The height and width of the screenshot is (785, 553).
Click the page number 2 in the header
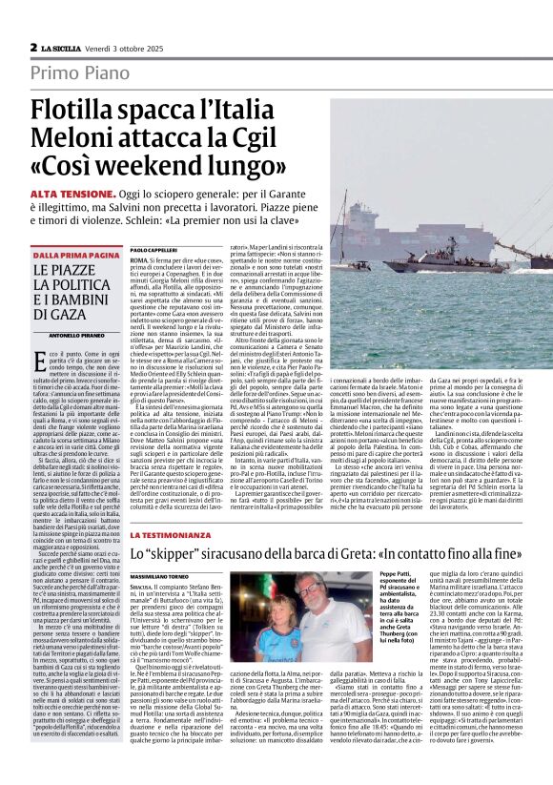(33, 47)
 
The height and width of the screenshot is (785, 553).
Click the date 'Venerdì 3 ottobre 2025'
(134, 47)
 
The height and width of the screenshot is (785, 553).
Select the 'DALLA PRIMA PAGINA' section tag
(76, 256)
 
